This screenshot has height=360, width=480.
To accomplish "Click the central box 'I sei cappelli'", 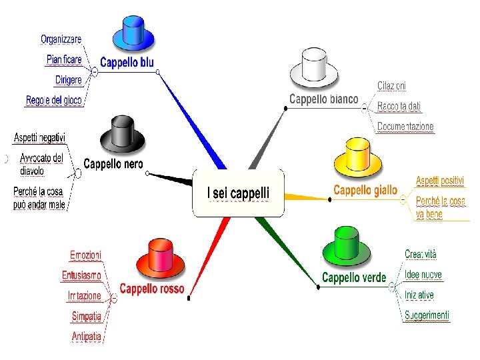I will pos(239,193).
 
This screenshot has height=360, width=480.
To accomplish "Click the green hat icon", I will pos(346,246).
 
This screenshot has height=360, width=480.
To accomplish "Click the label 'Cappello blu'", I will pos(127,63).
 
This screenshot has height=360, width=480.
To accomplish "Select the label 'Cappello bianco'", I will pos(323,99).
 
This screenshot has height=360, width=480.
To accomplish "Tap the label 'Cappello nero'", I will pos(113,164).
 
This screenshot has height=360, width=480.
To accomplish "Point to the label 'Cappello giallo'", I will pos(365,191).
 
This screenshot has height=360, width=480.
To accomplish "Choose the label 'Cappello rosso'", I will pos(151,289).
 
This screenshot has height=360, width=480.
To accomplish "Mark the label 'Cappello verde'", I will pos(353,277).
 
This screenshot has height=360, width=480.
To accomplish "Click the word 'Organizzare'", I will pos(61,39).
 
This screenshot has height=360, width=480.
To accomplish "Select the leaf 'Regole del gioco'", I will pos(54,101).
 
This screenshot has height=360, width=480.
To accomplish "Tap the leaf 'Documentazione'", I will pos(405,127).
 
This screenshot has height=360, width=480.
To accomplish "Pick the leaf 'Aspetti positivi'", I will pos(440,181).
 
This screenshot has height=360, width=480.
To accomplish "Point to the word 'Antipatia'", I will pos(87,337).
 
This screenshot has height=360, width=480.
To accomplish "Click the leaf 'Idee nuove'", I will pos(423,275).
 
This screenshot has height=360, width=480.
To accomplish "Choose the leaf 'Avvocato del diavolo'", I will pos(41,165).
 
